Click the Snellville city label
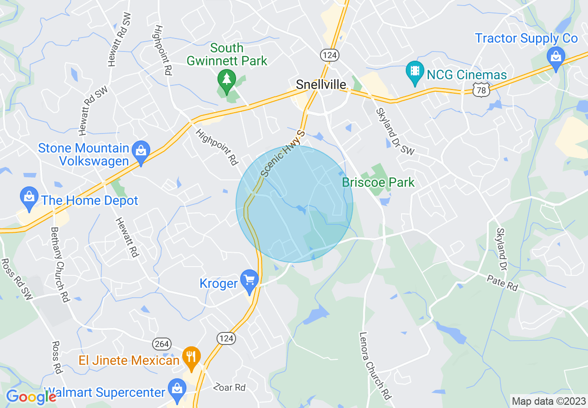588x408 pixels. tap(321, 84)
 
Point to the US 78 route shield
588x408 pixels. tap(481, 90)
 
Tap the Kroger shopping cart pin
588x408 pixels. tap(250, 281)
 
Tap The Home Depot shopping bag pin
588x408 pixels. tap(29, 198)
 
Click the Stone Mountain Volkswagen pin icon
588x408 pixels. tap(140, 151)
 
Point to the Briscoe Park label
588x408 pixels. tap(378, 182)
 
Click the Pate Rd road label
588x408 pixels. tap(502, 283)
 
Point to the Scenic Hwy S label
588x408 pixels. tap(283, 153)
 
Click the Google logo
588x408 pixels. tap(31, 396)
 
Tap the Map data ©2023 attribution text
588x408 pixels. tap(548, 401)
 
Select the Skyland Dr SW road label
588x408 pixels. tap(395, 131)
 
